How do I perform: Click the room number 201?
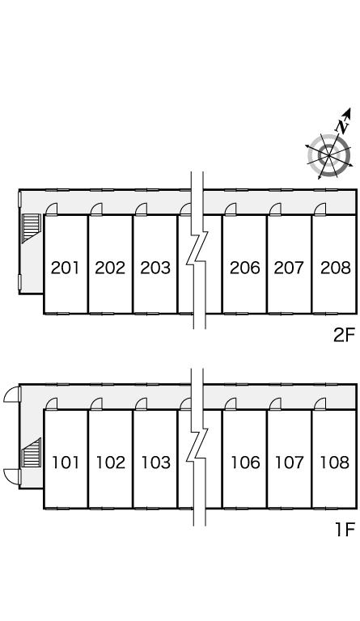(x=66, y=268)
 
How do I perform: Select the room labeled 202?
(x=110, y=268)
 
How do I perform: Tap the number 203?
(x=155, y=268)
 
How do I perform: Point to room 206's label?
(x=245, y=268)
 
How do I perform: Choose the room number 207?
(x=289, y=268)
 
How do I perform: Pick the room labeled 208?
(x=336, y=268)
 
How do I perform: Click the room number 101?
(x=66, y=463)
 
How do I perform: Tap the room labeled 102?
(x=111, y=463)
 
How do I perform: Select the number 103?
(x=156, y=463)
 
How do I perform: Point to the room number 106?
(x=246, y=463)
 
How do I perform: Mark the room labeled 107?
(x=290, y=463)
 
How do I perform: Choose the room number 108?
(x=335, y=463)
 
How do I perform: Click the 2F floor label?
(x=344, y=336)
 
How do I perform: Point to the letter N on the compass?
(x=342, y=126)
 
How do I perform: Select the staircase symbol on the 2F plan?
(x=32, y=227)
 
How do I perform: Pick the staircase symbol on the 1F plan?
(x=32, y=452)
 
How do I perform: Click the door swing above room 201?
(x=52, y=209)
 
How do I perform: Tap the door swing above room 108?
(x=320, y=403)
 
